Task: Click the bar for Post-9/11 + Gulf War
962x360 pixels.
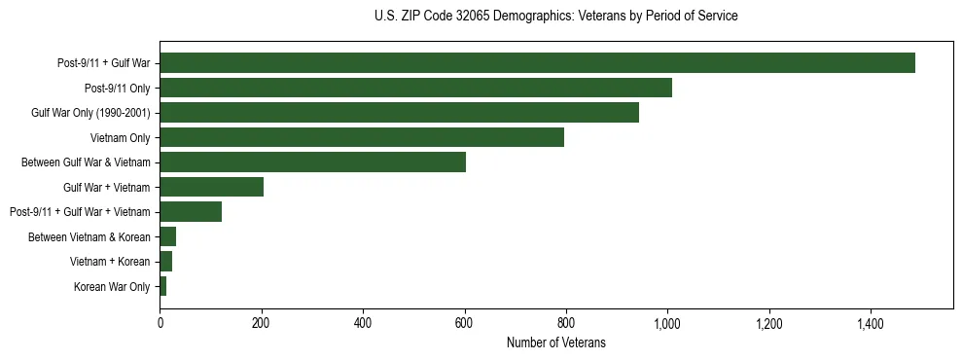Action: click(x=537, y=63)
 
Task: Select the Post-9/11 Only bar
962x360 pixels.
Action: click(x=415, y=88)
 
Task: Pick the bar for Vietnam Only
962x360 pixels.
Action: click(x=362, y=137)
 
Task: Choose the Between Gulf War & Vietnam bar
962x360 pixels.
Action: click(x=312, y=162)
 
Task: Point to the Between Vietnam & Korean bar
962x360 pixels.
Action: click(x=167, y=236)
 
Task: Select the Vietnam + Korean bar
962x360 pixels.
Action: click(x=165, y=262)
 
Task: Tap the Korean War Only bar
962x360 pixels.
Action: click(x=162, y=286)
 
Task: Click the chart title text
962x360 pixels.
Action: click(x=555, y=17)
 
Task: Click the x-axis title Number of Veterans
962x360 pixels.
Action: click(x=555, y=342)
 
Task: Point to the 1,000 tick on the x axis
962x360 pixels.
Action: click(x=667, y=322)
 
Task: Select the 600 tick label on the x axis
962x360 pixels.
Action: click(x=464, y=322)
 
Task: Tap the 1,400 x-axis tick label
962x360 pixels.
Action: click(x=871, y=322)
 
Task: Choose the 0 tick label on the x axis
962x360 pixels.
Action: click(x=160, y=322)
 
